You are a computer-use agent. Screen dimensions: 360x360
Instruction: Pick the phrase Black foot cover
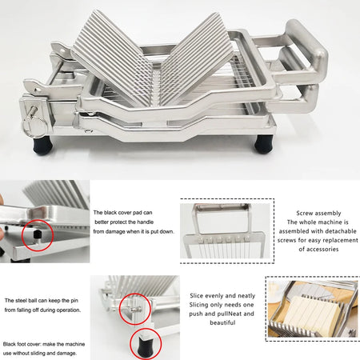tap(27, 332)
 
